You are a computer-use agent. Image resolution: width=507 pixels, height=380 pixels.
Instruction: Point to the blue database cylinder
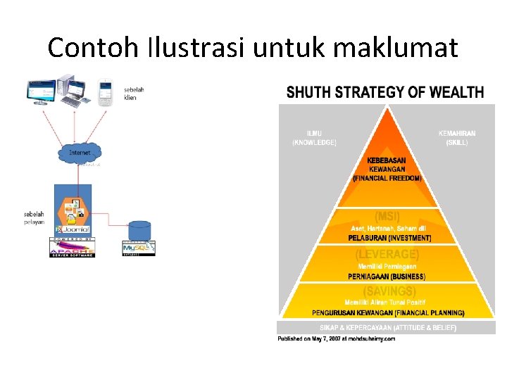click(139, 231)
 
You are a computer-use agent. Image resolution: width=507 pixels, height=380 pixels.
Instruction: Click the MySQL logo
click(139, 248)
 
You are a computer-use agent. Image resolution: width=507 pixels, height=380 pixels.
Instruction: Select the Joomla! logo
click(74, 229)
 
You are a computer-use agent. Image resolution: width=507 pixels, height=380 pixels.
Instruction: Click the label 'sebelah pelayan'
click(35, 217)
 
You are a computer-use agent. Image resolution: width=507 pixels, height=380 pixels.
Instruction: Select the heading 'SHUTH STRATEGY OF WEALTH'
click(384, 92)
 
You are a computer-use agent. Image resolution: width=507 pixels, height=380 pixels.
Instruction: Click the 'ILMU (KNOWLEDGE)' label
click(314, 137)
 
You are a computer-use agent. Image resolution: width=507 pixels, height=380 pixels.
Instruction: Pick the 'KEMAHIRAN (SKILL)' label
click(457, 137)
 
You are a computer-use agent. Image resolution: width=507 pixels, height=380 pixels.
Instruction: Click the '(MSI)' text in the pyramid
click(387, 216)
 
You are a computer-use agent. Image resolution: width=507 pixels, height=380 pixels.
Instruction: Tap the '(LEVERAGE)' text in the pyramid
click(387, 254)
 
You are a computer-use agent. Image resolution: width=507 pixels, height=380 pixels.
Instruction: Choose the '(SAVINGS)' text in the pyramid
click(388, 291)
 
